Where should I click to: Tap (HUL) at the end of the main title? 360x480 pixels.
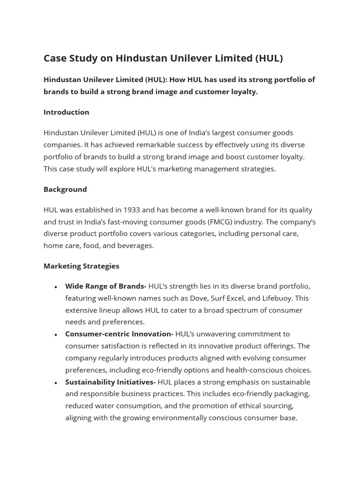[269, 58]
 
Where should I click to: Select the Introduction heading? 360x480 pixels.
[66, 112]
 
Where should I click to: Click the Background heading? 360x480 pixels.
[65, 189]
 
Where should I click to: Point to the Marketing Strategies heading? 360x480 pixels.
[81, 266]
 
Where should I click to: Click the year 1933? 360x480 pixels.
[132, 210]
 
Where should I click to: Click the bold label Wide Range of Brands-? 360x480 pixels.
[105, 286]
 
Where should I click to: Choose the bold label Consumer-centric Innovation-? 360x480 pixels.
[119, 334]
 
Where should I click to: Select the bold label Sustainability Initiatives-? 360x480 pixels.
[110, 382]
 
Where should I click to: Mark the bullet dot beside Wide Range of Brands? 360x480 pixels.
[56, 287]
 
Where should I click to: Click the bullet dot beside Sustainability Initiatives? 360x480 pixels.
[56, 383]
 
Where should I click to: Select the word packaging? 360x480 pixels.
[292, 394]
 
